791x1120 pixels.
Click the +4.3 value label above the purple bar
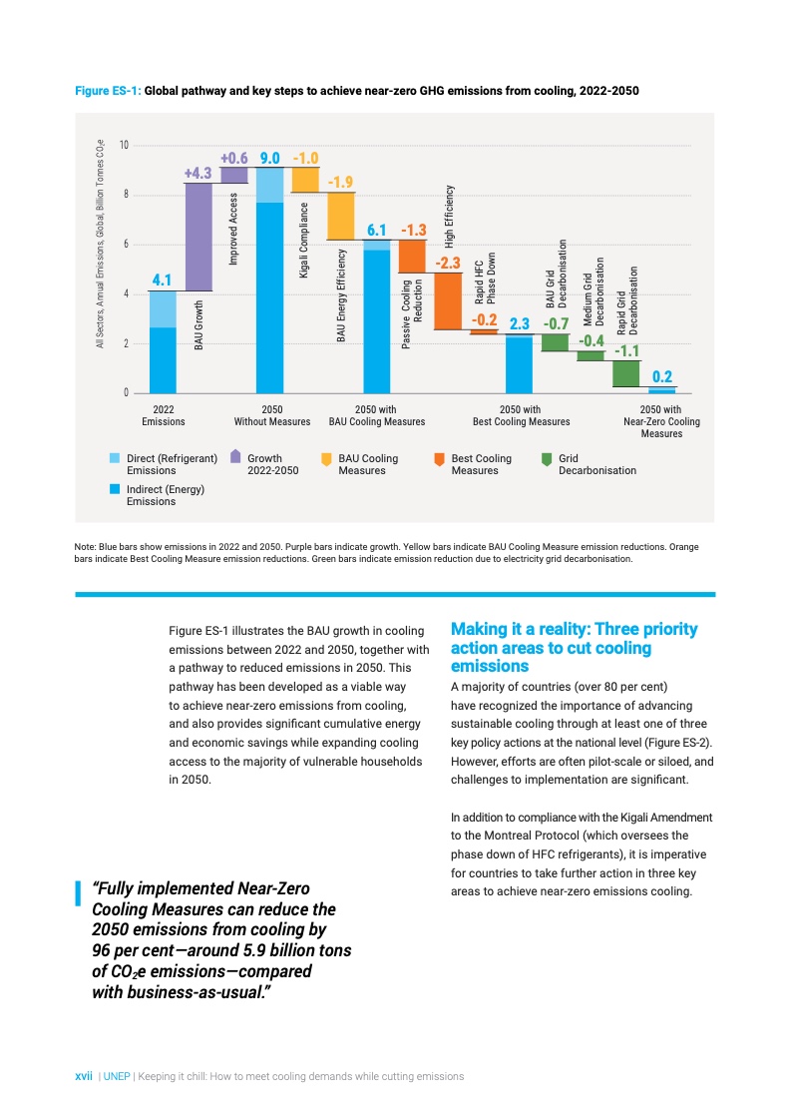pos(198,174)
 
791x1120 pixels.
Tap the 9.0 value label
pos(269,159)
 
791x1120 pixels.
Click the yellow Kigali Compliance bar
pos(304,180)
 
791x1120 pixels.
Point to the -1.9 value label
pos(340,182)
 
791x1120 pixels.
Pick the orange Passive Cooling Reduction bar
pos(412,256)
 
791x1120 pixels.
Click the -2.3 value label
pos(447,264)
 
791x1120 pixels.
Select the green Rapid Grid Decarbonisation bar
pos(625,373)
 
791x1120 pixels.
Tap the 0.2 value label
pos(661,376)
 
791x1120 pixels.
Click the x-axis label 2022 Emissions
pos(163,415)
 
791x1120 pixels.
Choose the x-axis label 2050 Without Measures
pos(271,415)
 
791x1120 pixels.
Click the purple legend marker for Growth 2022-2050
pos(234,457)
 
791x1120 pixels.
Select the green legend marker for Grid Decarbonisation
pos(545,457)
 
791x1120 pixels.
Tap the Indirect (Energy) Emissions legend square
pos(116,489)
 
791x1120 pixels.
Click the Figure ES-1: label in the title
pos(109,91)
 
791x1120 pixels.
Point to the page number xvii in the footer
pos(85,1077)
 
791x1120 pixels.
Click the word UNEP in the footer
pos(116,1077)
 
